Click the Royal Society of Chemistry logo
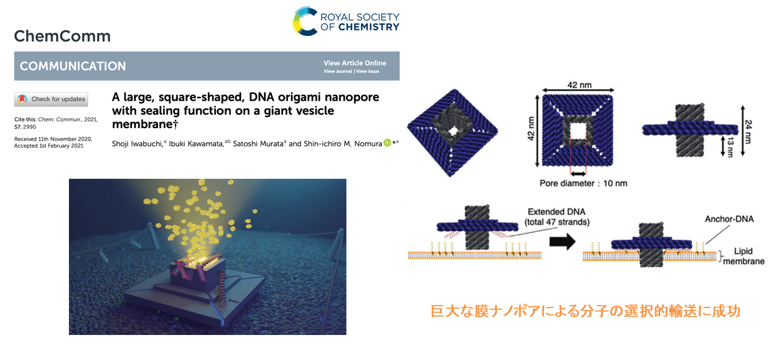click(x=346, y=21)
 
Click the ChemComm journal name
click(x=62, y=36)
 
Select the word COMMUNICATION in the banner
click(x=73, y=66)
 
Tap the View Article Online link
click(x=354, y=63)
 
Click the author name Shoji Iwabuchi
click(x=137, y=143)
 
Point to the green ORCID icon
click(x=387, y=143)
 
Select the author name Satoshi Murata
click(x=258, y=143)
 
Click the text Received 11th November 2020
click(x=53, y=139)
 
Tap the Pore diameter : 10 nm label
click(x=583, y=183)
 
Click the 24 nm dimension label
click(x=748, y=132)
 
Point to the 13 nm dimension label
click(x=730, y=147)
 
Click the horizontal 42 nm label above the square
click(x=580, y=85)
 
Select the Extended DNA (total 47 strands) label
click(x=556, y=217)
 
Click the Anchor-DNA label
click(x=729, y=219)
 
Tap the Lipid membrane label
click(x=743, y=256)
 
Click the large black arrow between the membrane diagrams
click(x=562, y=241)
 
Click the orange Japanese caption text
click(x=586, y=311)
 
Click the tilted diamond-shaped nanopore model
click(x=453, y=132)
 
